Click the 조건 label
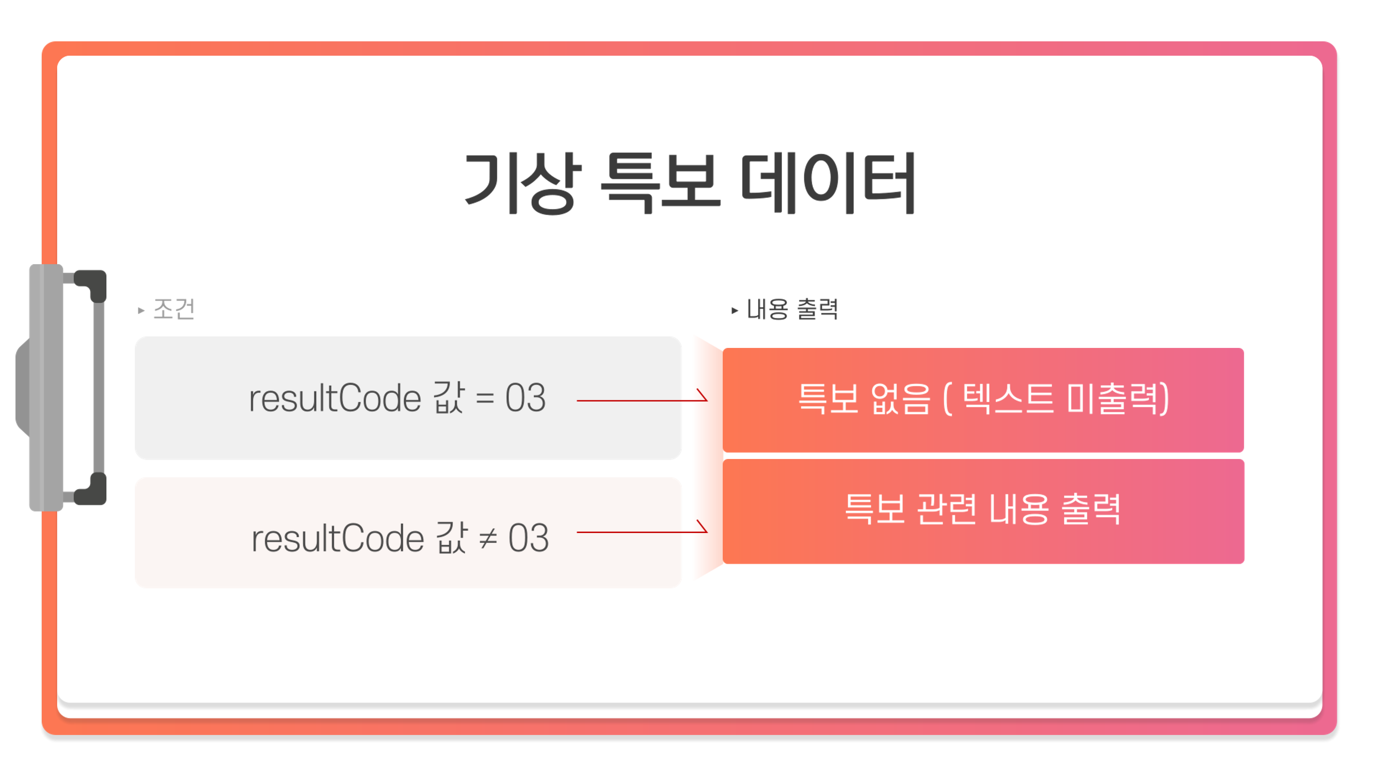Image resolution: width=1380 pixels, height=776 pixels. (174, 309)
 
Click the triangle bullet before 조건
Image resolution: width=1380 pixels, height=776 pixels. (141, 310)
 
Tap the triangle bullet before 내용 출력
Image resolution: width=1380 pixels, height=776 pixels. (735, 310)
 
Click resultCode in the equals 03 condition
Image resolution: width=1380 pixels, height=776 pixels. (335, 399)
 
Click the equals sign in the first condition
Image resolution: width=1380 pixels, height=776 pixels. (485, 399)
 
